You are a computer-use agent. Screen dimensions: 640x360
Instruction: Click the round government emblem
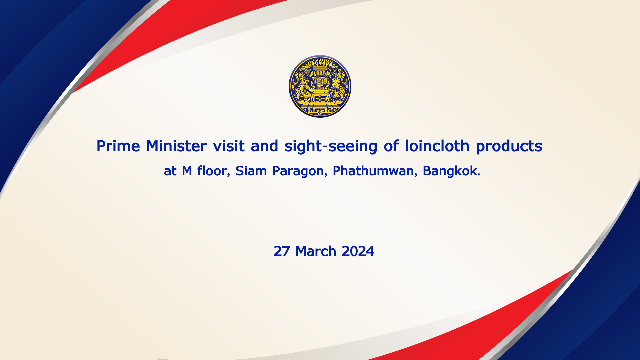[320, 86]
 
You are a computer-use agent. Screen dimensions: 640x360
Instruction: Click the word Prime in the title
[118, 146]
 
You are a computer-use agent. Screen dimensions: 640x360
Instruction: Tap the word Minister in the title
[176, 146]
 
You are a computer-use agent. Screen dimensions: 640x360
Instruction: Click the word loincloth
[437, 146]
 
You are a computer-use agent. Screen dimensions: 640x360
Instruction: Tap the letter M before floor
[187, 171]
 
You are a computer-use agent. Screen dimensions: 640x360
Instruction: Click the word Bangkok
[452, 171]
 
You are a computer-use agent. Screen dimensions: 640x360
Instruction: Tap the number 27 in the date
[282, 251]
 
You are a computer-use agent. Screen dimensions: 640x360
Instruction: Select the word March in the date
[316, 251]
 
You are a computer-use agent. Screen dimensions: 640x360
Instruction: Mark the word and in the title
[264, 146]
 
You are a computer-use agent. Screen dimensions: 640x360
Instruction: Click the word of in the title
[391, 146]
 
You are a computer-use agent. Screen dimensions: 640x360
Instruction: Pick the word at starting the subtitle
[170, 171]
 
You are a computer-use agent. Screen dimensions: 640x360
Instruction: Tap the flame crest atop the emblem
[320, 62]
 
